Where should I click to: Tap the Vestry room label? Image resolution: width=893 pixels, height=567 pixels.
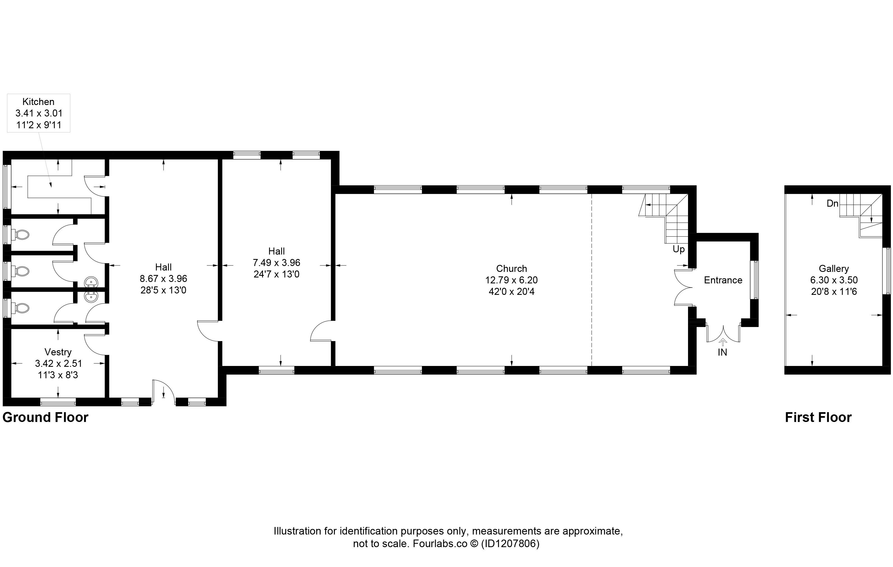[x=58, y=352]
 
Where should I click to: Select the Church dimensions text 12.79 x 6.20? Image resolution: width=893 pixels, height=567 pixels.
[x=511, y=280]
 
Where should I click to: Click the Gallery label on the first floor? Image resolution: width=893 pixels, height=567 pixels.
[x=834, y=269]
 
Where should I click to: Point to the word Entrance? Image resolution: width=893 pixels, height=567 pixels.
[x=723, y=280]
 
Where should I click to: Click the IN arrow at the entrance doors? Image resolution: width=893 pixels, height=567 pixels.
[x=722, y=342]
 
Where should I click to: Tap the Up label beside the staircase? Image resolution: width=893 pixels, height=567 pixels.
[x=679, y=249]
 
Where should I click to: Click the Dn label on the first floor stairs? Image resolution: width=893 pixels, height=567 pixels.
[x=833, y=203]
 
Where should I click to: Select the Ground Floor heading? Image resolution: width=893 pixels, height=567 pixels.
[x=45, y=417]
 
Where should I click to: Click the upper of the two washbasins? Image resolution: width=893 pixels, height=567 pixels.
[x=91, y=283]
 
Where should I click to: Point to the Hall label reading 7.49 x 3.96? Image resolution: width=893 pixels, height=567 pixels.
[x=277, y=263]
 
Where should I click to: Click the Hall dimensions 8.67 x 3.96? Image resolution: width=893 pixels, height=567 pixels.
[x=164, y=279]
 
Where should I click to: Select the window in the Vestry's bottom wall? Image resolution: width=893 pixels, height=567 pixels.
[x=58, y=402]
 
